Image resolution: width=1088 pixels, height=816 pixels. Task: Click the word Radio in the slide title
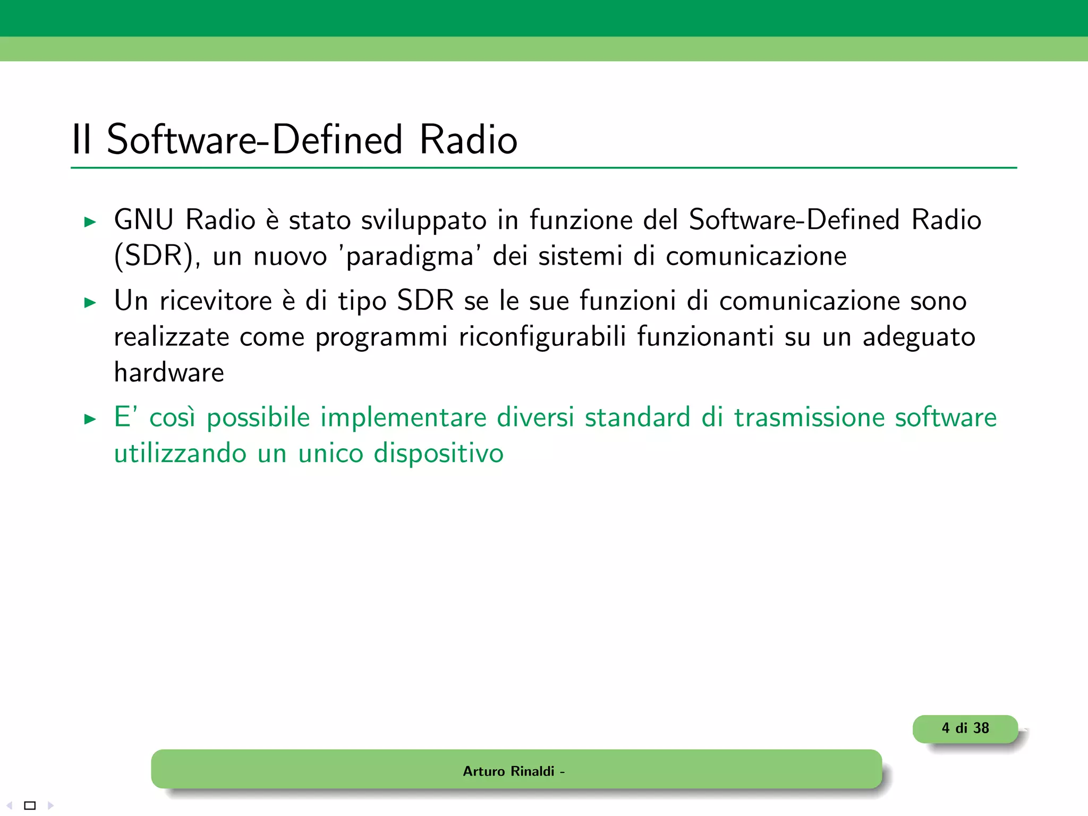[468, 140]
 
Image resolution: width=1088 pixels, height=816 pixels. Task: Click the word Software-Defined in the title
[254, 140]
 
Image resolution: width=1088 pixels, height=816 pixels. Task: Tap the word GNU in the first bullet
[143, 220]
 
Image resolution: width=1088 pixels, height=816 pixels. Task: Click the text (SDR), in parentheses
[157, 257]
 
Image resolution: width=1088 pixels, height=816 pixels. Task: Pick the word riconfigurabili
[542, 337]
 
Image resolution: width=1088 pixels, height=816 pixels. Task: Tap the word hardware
[169, 372]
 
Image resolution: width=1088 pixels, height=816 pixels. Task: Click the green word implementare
[403, 418]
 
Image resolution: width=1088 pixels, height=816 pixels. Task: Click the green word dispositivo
[438, 454]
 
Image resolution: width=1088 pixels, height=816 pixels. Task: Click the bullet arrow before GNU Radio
[90, 222]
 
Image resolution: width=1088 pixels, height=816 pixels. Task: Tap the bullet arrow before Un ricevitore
[90, 303]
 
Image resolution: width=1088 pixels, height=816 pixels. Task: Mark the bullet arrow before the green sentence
[90, 419]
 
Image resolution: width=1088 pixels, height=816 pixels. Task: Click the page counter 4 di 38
[965, 728]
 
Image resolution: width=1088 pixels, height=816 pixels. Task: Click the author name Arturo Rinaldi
[508, 771]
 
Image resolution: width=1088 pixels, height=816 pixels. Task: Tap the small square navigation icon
[30, 805]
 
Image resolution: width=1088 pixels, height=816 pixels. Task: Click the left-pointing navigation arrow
[10, 805]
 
